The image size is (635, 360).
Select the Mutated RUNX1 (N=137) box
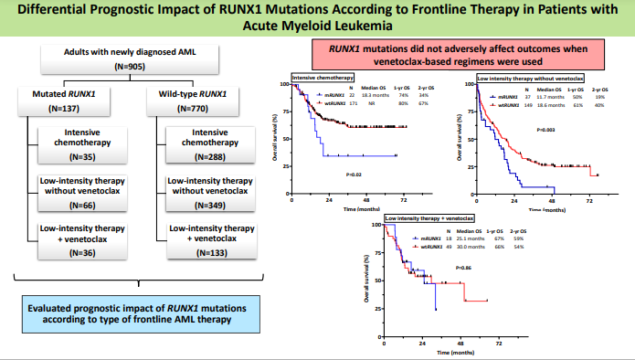pos(66,101)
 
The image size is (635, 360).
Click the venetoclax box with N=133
pos(211,240)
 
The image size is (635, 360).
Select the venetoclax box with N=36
pos(88,240)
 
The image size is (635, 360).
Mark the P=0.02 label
pos(355,174)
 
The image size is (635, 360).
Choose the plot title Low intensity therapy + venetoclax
pos(429,219)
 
